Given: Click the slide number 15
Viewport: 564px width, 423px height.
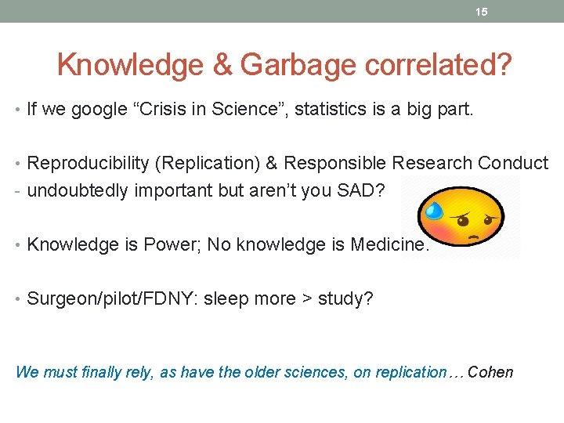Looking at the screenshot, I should (482, 12).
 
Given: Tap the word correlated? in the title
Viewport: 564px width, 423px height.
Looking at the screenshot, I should (443, 65).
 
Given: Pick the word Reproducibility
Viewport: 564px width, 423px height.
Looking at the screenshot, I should (88, 163).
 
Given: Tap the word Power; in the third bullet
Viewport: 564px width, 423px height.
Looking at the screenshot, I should (167, 244).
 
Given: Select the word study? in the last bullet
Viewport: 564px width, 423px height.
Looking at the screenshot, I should (345, 298).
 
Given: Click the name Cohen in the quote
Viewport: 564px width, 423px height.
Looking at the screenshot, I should (490, 372).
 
